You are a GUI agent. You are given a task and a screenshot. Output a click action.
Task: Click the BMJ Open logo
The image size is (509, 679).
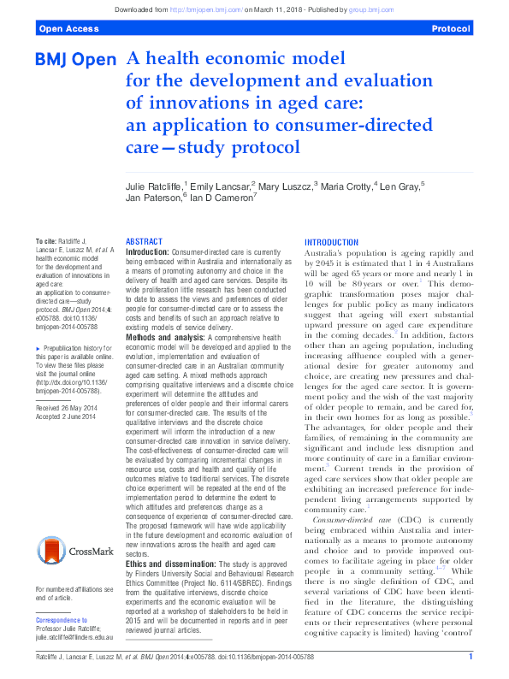75,61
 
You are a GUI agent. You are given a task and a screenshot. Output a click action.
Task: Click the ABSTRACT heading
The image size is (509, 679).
145,242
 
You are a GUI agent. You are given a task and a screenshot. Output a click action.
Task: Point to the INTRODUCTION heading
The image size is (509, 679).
333,242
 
